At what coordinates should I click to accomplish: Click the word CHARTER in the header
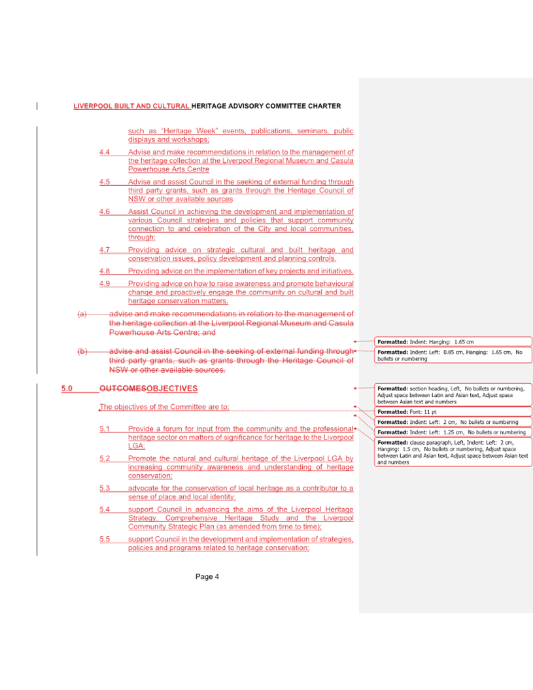(x=324, y=106)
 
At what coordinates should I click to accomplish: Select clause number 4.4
(x=104, y=152)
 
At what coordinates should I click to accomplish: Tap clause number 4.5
(x=104, y=182)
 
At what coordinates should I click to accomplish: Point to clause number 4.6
(x=104, y=212)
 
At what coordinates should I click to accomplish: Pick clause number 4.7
(x=104, y=250)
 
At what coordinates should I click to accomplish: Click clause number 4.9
(x=104, y=284)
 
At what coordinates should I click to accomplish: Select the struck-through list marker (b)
(x=82, y=351)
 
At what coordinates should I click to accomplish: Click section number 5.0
(x=67, y=388)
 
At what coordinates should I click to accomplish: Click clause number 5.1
(x=104, y=429)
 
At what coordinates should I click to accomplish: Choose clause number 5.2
(x=104, y=459)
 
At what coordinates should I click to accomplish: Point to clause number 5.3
(x=104, y=489)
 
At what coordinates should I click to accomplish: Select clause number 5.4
(x=104, y=509)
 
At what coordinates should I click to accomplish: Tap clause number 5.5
(x=104, y=539)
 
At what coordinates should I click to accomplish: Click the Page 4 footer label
(x=207, y=576)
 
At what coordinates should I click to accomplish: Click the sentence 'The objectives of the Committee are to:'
(x=163, y=407)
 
